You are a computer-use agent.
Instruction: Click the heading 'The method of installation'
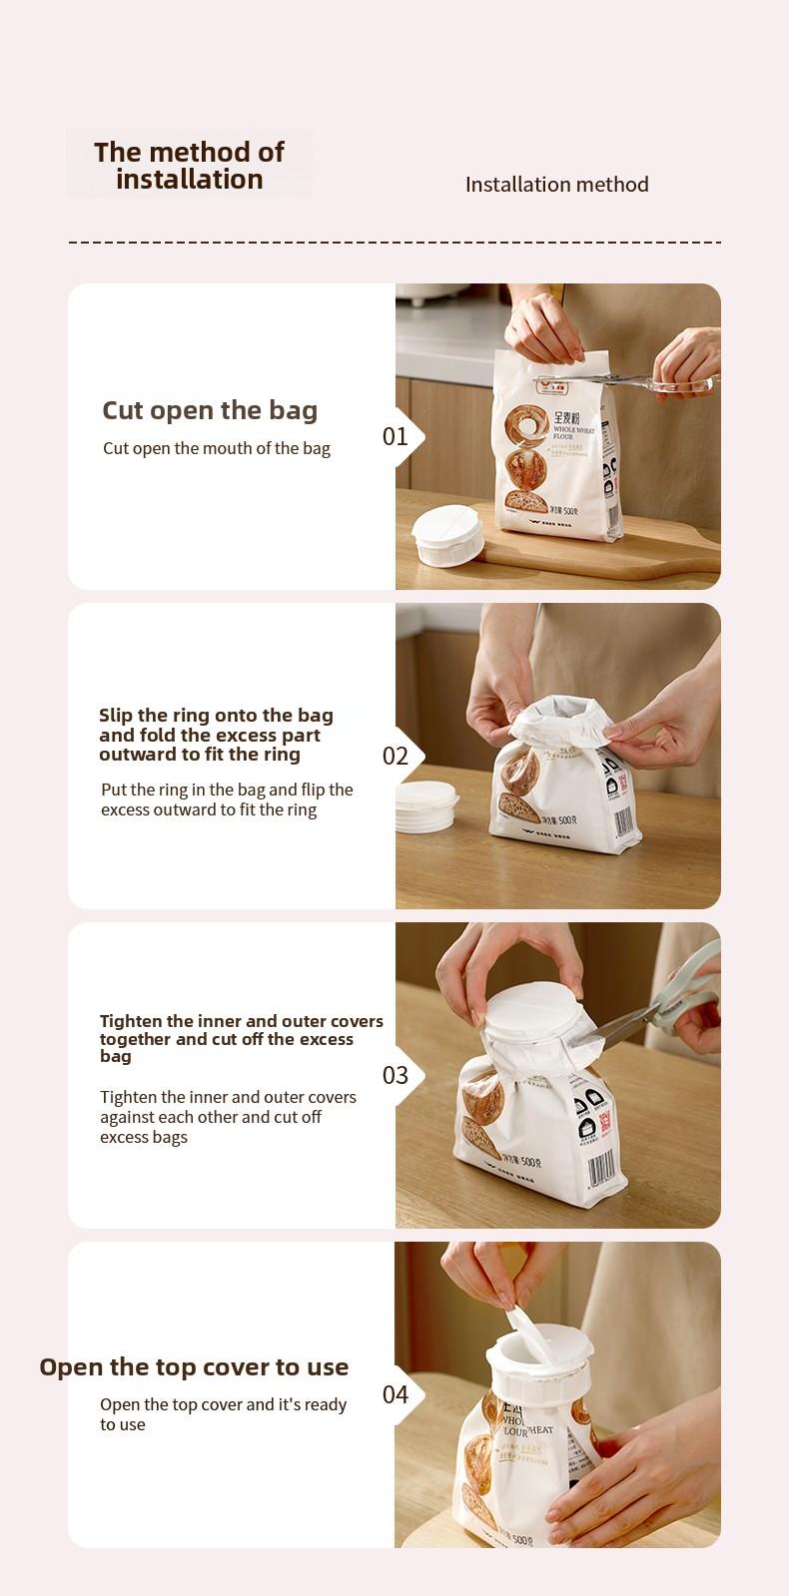coord(189,166)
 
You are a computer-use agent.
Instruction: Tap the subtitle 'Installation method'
coord(556,185)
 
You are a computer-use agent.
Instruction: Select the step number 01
coord(395,436)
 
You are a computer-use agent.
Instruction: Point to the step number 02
coord(395,756)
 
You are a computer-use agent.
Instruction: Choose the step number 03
coord(395,1075)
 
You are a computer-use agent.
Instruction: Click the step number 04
coord(395,1394)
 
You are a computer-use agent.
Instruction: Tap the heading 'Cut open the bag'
coord(210,410)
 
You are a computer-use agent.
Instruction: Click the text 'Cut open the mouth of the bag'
coord(217,448)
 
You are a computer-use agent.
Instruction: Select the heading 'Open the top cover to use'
coord(194,1367)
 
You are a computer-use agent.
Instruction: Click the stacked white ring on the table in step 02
coord(426,806)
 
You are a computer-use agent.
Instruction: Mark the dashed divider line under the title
coord(394,243)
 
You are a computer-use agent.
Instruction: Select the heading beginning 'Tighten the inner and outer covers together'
coord(241,1039)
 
